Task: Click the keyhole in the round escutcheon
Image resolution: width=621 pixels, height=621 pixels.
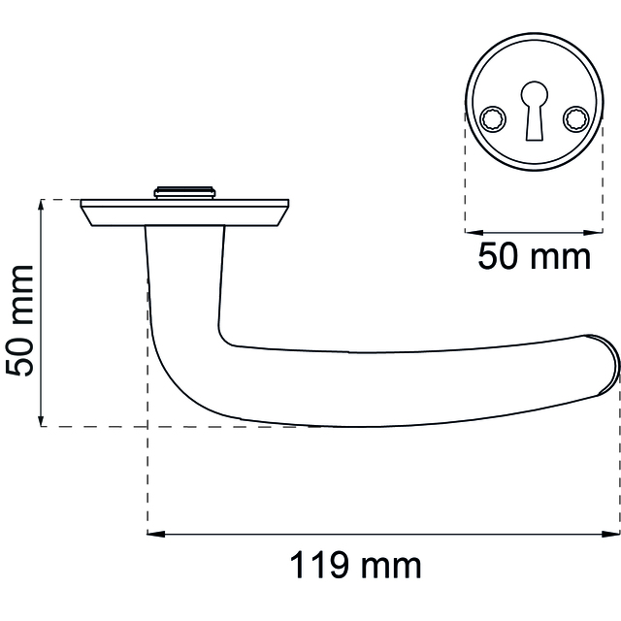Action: pos(535,111)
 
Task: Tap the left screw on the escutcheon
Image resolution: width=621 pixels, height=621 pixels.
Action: pos(493,118)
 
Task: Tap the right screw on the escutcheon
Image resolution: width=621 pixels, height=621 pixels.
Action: pos(575,118)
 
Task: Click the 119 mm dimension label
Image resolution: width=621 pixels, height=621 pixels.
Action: pos(356,566)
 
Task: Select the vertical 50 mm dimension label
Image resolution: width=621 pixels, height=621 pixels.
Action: pos(19,321)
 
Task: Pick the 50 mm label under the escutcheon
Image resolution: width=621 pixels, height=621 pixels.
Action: pos(534,256)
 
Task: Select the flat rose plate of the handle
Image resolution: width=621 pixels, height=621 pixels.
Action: pos(185,212)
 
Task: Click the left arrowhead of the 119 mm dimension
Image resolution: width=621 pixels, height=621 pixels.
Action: pos(155,535)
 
